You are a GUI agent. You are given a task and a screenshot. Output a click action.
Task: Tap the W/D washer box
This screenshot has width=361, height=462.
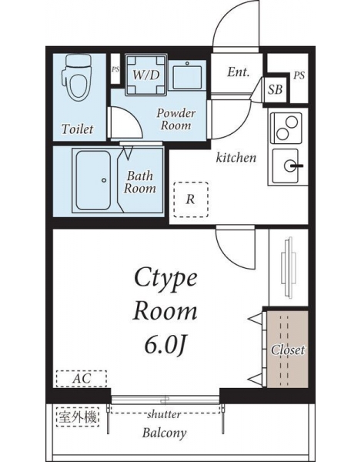pos(146,75)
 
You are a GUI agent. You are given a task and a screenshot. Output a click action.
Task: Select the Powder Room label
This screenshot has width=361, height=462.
pos(175,119)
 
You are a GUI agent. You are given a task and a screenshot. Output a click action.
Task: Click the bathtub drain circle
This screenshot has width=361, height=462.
pos(104,180)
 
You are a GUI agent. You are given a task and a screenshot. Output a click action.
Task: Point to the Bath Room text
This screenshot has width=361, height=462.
pos(140,182)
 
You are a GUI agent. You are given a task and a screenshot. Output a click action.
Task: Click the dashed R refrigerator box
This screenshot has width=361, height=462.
pos(191,199)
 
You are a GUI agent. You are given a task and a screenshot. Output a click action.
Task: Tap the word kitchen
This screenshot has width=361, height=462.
pos(236,158)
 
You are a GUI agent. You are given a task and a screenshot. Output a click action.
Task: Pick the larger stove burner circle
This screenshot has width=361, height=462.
pos(292,122)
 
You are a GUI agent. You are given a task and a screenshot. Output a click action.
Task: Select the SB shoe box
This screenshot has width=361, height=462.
pos(276,89)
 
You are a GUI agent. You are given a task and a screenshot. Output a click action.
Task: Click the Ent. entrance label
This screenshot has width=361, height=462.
pos(238,72)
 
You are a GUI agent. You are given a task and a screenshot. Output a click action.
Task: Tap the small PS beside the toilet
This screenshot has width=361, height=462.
pos(115,69)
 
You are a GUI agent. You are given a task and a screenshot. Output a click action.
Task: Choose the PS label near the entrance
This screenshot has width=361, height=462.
pos(299,75)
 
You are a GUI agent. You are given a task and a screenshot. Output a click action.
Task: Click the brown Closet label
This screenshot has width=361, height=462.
pos(288,350)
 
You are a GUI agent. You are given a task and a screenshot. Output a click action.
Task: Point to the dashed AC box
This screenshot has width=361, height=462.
pos(82,379)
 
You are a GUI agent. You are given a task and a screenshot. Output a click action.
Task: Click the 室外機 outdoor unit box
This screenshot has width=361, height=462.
pos(78,417)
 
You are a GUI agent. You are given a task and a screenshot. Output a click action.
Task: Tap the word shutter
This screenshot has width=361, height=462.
pos(164,414)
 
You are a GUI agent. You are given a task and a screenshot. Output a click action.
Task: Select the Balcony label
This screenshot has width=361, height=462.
pos(164,433)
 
